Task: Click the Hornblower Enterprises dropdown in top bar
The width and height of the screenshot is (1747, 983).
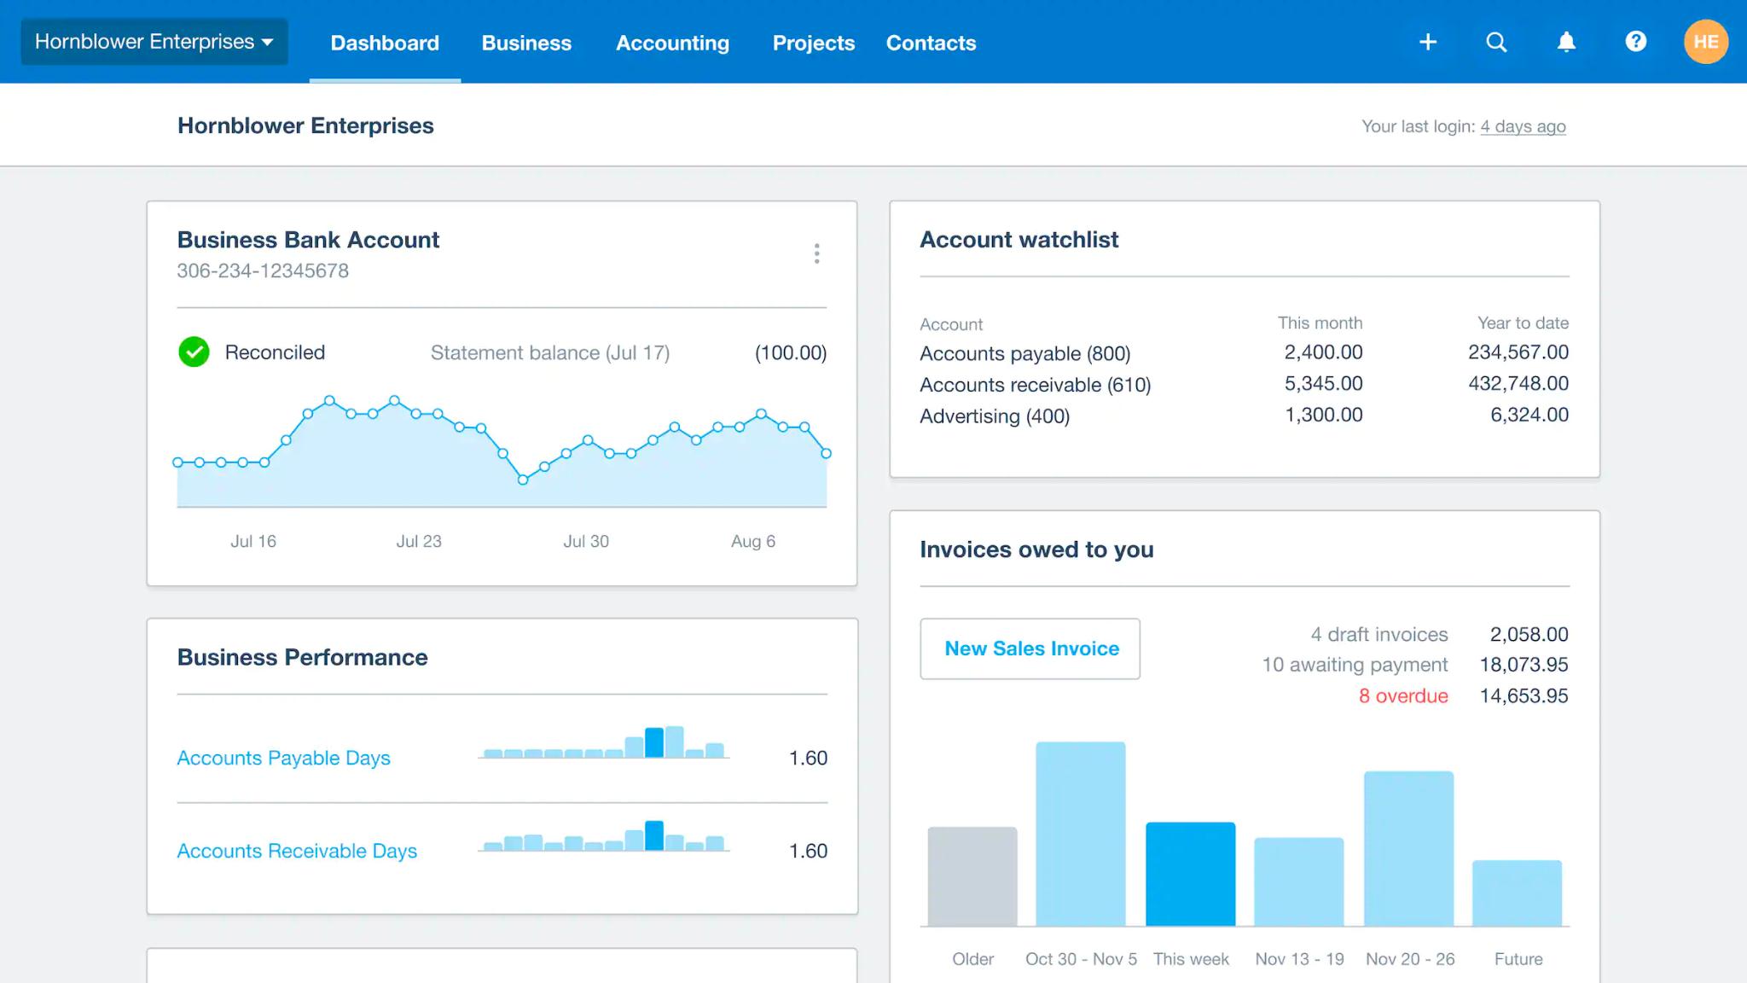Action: coord(154,42)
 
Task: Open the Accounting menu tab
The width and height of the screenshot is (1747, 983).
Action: coord(672,43)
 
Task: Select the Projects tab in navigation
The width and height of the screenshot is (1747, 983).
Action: coord(813,43)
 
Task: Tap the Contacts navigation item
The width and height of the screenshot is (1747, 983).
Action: coord(931,43)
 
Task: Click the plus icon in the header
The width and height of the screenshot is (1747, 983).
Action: coord(1428,42)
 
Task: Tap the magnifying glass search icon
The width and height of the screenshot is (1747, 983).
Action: coord(1496,42)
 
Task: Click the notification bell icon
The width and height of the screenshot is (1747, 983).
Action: coord(1566,42)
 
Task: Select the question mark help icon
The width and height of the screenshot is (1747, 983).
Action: coord(1635,42)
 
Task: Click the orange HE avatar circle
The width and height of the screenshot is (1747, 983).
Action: coord(1705,42)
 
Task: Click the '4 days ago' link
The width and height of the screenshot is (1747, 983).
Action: coord(1523,126)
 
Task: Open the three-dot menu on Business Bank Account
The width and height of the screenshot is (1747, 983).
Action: coord(816,253)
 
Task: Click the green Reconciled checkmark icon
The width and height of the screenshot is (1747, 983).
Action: coord(194,352)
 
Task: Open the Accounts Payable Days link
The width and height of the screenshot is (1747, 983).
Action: coord(283,758)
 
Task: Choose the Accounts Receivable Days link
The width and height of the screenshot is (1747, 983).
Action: coord(297,851)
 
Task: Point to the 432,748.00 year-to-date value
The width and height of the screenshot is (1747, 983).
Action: coord(1518,384)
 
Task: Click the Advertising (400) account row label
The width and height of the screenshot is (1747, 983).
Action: coord(994,416)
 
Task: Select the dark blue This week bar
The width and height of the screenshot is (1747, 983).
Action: coord(1190,874)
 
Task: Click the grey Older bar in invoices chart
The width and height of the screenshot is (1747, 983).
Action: coord(972,876)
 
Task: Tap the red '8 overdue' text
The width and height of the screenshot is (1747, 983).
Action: coord(1402,696)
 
